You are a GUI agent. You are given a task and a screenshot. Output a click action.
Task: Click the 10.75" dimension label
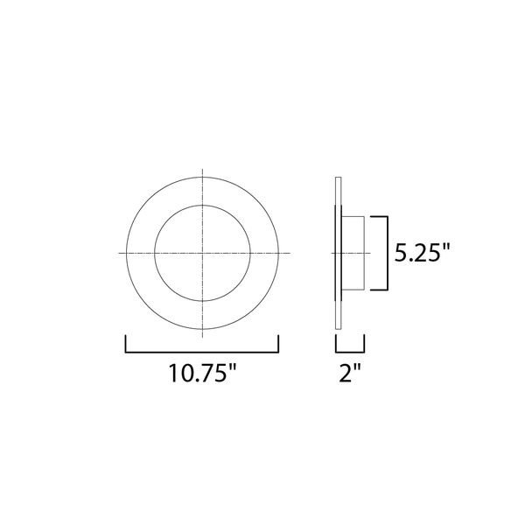(x=202, y=373)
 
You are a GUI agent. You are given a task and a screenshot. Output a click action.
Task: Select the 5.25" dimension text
(x=423, y=253)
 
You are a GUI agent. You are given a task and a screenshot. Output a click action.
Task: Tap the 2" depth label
(x=350, y=373)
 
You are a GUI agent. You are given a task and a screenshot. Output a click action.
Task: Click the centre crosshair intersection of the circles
(x=203, y=253)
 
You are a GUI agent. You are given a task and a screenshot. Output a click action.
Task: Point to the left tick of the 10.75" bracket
(x=125, y=344)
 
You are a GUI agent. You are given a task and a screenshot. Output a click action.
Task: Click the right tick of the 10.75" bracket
(x=278, y=344)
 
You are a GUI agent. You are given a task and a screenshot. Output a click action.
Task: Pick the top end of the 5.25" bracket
(x=370, y=217)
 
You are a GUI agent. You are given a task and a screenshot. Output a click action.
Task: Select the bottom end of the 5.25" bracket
(x=370, y=290)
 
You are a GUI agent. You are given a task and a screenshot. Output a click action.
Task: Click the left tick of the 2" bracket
(x=336, y=344)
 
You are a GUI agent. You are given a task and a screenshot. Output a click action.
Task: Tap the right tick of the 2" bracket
(x=364, y=344)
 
